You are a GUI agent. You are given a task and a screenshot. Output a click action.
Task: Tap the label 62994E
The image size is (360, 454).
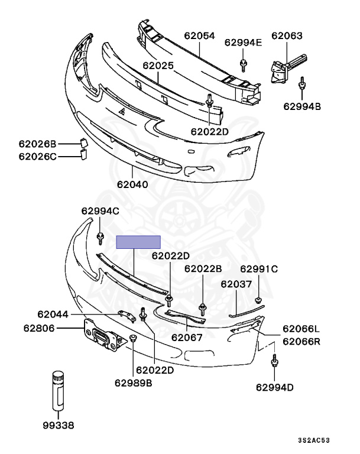pyautogui.click(x=243, y=42)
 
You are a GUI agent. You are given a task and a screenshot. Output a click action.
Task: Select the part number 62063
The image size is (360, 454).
pyautogui.click(x=287, y=35)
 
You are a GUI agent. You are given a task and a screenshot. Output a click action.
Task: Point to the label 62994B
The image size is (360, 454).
pyautogui.click(x=301, y=106)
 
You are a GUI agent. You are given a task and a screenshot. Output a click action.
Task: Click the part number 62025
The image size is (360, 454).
pyautogui.click(x=158, y=66)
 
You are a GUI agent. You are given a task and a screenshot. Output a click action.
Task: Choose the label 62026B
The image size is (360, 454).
pyautogui.click(x=37, y=144)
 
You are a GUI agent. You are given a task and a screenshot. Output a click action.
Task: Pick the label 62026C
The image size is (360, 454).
pyautogui.click(x=37, y=157)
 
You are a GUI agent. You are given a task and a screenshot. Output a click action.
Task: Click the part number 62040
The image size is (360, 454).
pyautogui.click(x=132, y=184)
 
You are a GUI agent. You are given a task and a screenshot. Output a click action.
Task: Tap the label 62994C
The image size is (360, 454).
pyautogui.click(x=100, y=211)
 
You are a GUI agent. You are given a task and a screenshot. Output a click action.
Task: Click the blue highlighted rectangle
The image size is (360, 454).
pyautogui.click(x=138, y=242)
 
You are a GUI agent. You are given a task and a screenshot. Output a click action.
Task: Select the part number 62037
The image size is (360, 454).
pyautogui.click(x=237, y=284)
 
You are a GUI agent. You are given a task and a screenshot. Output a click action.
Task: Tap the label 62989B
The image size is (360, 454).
pyautogui.click(x=134, y=382)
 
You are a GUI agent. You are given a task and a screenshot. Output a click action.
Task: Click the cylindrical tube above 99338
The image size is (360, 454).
pyautogui.click(x=58, y=391)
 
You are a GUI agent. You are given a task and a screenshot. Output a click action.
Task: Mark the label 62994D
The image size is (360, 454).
pyautogui.click(x=275, y=387)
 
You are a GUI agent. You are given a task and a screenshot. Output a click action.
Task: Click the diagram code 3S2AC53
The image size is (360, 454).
pyautogui.click(x=330, y=440)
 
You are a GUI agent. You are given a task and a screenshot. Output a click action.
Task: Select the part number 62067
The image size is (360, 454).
pyautogui.click(x=187, y=338)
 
